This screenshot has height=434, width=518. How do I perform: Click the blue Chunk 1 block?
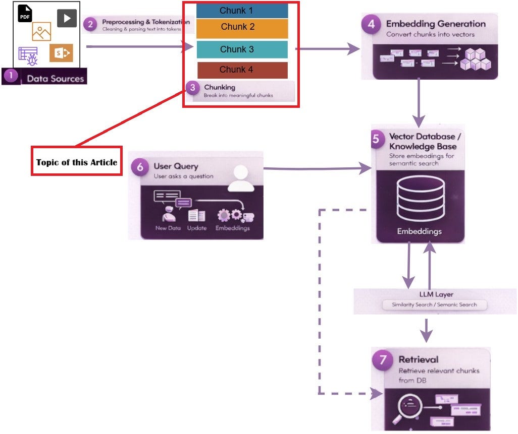pyautogui.click(x=242, y=11)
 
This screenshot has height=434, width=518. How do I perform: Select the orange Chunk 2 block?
pyautogui.click(x=242, y=28)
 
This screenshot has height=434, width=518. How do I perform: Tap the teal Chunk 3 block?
pyautogui.click(x=242, y=49)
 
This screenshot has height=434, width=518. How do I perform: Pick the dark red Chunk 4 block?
pyautogui.click(x=242, y=70)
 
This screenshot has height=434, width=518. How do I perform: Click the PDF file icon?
pyautogui.click(x=25, y=14)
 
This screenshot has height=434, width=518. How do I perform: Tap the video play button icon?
pyautogui.click(x=67, y=18)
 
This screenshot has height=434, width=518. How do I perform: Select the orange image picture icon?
pyautogui.click(x=41, y=32)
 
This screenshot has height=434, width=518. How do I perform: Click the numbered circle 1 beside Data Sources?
pyautogui.click(x=11, y=76)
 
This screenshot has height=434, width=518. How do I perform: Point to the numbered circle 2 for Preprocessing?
pyautogui.click(x=90, y=24)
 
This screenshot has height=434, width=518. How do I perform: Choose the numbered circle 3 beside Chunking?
pyautogui.click(x=192, y=88)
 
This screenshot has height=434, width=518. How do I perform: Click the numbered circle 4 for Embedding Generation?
pyautogui.click(x=371, y=24)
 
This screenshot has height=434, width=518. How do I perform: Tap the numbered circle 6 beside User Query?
pyautogui.click(x=140, y=167)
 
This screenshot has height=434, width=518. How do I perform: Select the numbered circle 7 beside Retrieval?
pyautogui.click(x=383, y=359)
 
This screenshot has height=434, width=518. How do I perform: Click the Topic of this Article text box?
pyautogui.click(x=77, y=161)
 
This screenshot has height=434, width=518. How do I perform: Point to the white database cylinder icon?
pyautogui.click(x=421, y=199)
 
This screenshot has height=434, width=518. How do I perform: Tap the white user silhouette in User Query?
pyautogui.click(x=241, y=178)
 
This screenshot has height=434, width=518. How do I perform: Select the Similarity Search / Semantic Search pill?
pyautogui.click(x=434, y=305)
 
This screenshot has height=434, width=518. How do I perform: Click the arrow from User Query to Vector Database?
pyautogui.click(x=318, y=168)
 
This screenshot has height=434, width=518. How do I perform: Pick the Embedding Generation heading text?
pyautogui.click(x=436, y=24)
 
